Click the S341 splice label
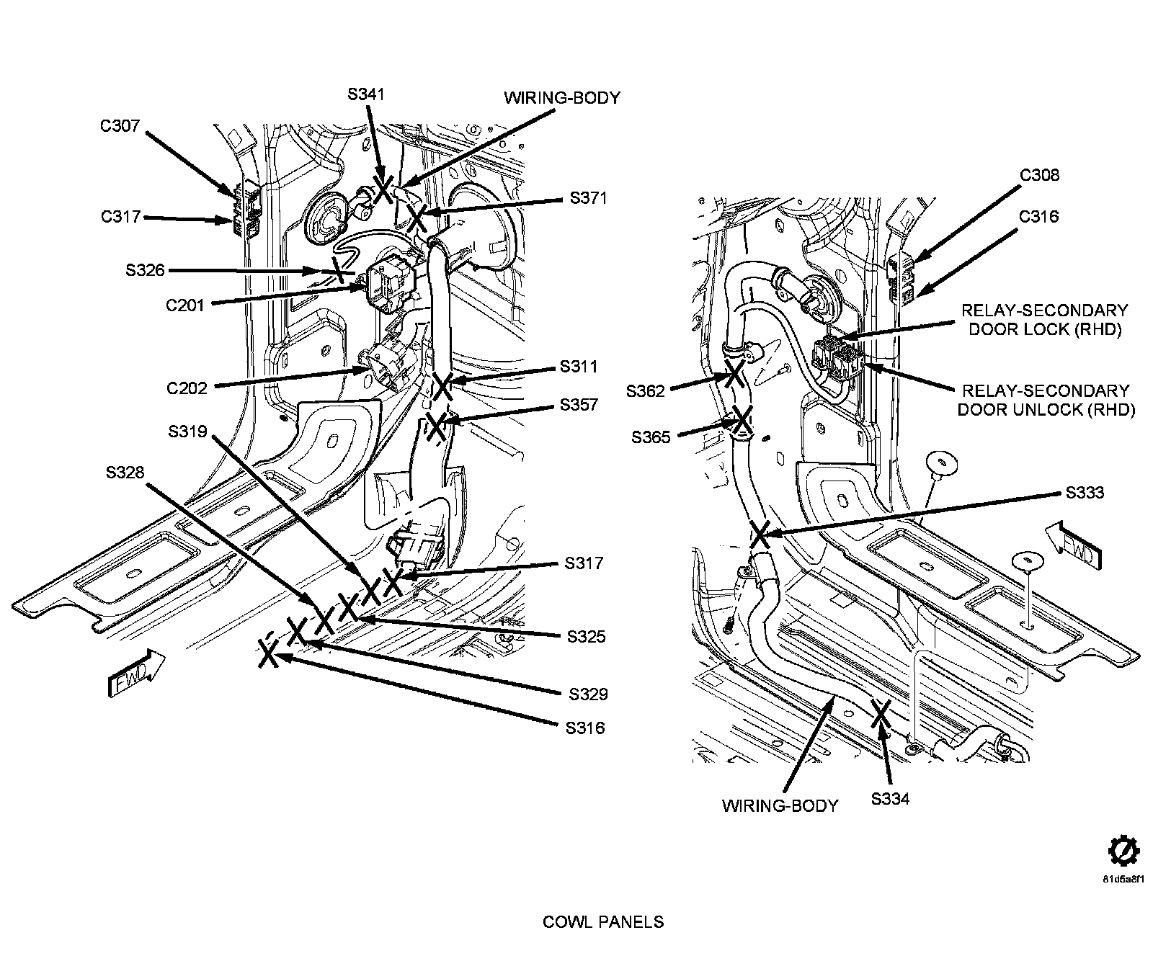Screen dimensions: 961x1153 (366, 94)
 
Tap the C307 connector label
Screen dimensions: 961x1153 (120, 126)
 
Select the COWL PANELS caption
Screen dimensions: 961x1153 (603, 921)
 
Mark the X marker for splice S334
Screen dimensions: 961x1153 (880, 713)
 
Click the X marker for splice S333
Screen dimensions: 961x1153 (760, 535)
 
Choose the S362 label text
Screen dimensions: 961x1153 (645, 391)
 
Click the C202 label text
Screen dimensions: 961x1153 (187, 388)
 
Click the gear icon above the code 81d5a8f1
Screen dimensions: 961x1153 (1122, 852)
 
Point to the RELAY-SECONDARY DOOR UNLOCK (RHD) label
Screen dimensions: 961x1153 (1045, 400)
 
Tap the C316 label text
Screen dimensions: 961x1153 (1039, 216)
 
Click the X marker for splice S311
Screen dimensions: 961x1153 (442, 385)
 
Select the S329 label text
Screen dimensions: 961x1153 (588, 694)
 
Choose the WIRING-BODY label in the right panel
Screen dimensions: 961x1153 (780, 805)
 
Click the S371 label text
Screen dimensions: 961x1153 (589, 198)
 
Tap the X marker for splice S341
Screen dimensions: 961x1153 (382, 188)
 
